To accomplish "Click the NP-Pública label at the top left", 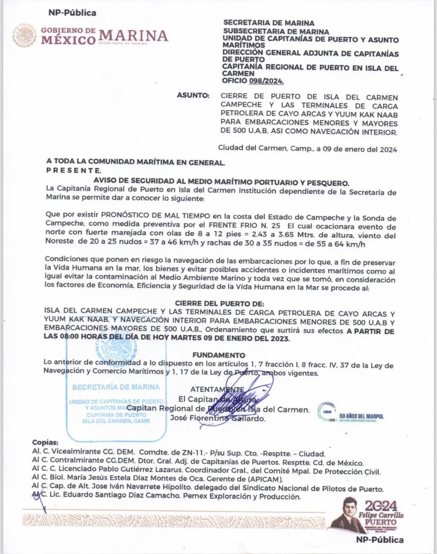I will coord(72,13).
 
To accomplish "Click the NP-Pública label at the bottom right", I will coord(380,540).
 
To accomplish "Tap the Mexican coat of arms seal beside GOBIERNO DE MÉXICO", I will coord(25,35).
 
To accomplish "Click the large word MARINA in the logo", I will coord(133,36).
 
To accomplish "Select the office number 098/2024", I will coord(266,81).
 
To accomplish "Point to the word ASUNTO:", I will coord(193,95).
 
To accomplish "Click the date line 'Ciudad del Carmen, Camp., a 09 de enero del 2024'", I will coord(307,149).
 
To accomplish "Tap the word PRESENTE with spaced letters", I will coord(73,170).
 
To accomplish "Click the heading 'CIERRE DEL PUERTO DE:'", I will coord(219,303).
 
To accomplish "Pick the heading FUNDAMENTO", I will coord(218,355).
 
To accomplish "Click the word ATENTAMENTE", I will coord(217,389).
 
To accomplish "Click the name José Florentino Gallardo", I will coord(218,418).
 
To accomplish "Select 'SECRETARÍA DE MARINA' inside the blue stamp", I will coord(116,387).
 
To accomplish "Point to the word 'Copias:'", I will coord(45,442).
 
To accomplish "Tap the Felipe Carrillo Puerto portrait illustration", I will coord(344,516).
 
